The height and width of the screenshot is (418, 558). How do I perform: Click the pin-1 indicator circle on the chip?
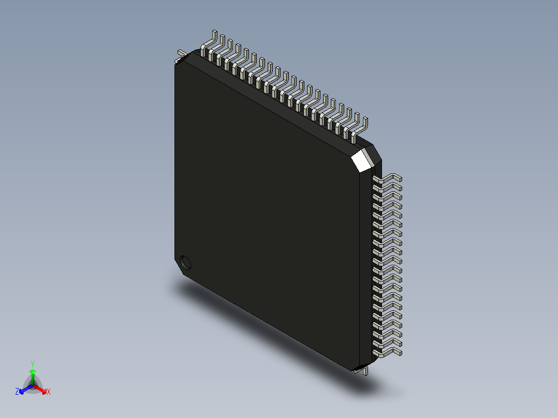pos(185,262)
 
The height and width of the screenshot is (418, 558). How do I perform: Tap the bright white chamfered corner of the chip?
pos(361,160)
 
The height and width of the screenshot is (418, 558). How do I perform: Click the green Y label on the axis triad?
pos(32,364)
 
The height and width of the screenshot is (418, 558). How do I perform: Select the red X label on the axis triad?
pos(49,392)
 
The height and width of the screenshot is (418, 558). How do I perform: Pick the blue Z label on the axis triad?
pos(17,392)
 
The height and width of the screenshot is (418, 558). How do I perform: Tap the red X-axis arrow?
pos(41,389)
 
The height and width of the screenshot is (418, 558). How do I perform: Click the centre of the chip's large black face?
pos(267,210)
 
